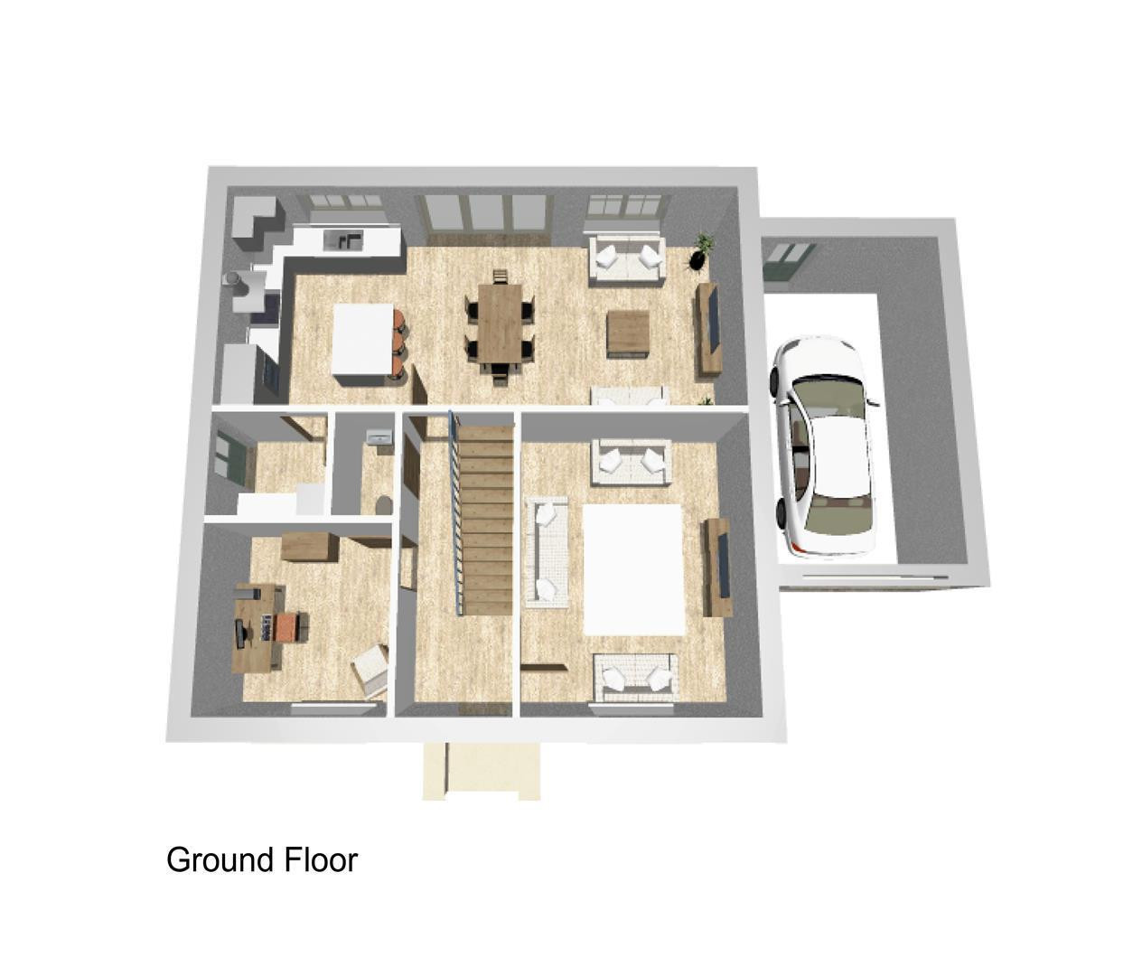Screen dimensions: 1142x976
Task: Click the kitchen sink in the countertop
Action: [344, 239]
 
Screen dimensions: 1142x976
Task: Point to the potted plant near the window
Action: [702, 251]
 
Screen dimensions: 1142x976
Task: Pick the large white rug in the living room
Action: [633, 570]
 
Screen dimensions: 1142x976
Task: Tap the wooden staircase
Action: [486, 520]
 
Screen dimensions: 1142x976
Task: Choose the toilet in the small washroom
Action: [383, 504]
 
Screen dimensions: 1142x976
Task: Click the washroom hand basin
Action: [379, 437]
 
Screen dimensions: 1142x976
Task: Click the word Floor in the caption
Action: [322, 860]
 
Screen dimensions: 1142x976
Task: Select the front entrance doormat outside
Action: [482, 771]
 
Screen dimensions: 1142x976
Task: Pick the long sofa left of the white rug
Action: [547, 552]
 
